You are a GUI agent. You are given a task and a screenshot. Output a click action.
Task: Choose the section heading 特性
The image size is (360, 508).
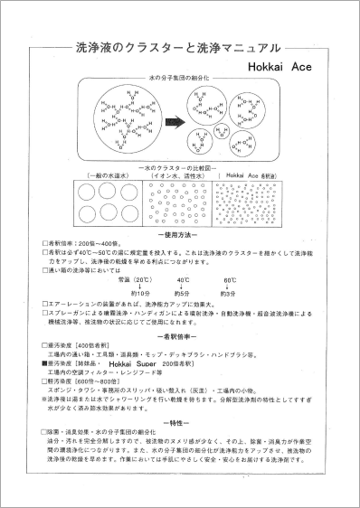coord(178,421)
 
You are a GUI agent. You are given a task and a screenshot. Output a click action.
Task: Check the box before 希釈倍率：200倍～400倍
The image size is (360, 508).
coord(43,244)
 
